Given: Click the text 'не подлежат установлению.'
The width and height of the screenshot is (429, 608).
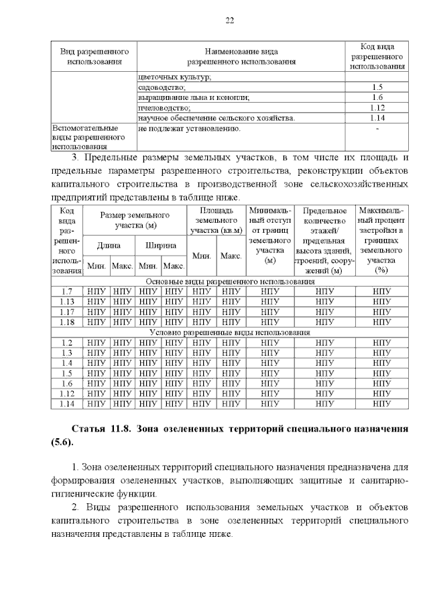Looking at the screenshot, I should [190, 128].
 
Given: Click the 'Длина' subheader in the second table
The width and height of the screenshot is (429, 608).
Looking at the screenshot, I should [109, 246].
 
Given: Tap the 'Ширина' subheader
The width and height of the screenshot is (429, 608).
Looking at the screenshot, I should [161, 246].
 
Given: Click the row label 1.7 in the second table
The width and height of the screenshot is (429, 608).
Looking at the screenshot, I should [66, 291].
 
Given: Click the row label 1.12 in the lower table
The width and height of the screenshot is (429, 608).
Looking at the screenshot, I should [66, 393].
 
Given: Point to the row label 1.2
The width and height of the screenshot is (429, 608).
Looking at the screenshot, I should [66, 342].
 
